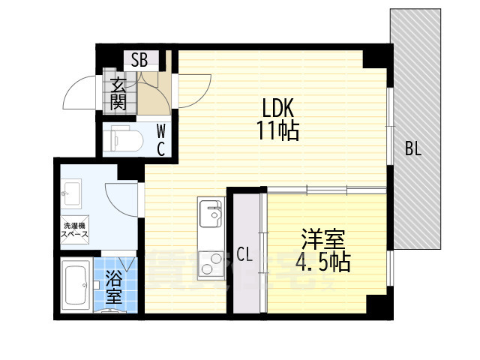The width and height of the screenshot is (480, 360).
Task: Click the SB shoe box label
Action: tap(139, 61)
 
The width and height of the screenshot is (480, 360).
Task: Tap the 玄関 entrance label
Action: tap(118, 94)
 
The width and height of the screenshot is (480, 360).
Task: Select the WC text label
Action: tap(160, 139)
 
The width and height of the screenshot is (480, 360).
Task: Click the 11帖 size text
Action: tap(278, 132)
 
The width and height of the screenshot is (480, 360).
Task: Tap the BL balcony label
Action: tap(413, 148)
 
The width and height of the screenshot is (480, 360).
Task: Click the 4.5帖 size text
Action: tap(323, 263)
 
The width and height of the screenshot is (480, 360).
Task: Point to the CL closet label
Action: tap(244, 253)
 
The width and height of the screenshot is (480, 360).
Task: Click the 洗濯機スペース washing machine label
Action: tap(75, 230)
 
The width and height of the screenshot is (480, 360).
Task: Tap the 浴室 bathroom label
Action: tap(113, 287)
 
